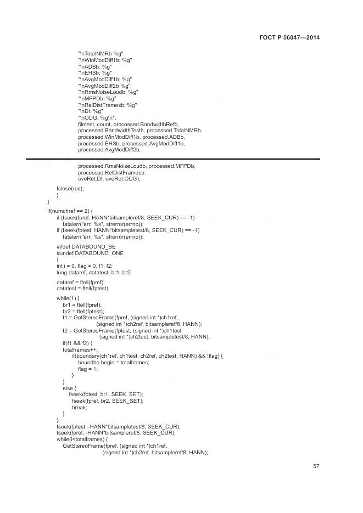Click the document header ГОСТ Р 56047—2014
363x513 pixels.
[x=289, y=37]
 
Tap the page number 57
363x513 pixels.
[x=316, y=466]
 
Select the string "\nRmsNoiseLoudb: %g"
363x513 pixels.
[x=108, y=92]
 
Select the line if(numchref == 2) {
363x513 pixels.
[x=70, y=211]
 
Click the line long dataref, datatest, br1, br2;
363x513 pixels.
[x=94, y=272]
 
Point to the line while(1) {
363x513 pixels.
[x=68, y=298]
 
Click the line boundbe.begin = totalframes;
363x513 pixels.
[x=114, y=362]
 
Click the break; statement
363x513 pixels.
[x=79, y=407]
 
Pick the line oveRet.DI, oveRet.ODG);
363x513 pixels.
[x=109, y=178]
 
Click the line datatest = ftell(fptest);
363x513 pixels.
[x=83, y=288]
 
